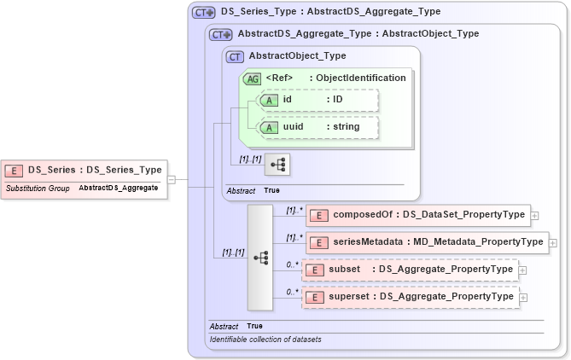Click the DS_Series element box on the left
(84, 170)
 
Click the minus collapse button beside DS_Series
(172, 179)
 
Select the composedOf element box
(417, 215)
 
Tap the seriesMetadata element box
(426, 242)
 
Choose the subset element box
(410, 270)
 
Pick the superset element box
(410, 297)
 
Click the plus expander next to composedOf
(535, 216)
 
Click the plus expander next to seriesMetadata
(554, 243)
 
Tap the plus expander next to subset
(522, 270)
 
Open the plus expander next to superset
(522, 298)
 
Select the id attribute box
(318, 100)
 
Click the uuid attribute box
(318, 127)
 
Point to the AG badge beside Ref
(252, 78)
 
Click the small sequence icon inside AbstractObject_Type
(278, 162)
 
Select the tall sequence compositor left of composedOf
(260, 257)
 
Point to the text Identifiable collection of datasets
(265, 340)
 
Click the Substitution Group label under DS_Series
(38, 188)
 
